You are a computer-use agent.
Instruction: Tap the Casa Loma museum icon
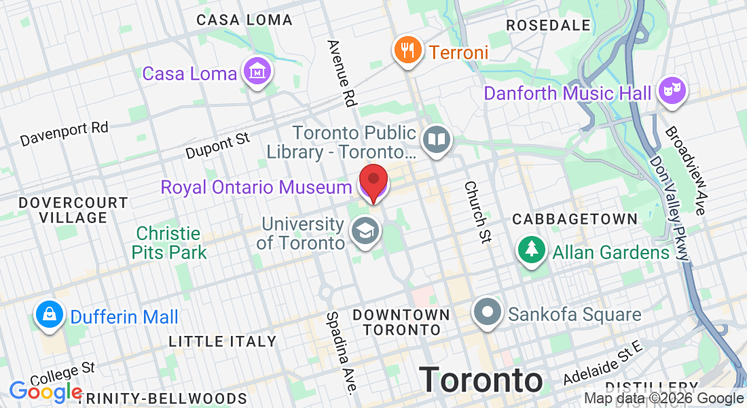[258, 71]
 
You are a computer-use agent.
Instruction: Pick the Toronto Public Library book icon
[436, 140]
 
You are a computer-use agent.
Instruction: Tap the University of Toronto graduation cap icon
[365, 232]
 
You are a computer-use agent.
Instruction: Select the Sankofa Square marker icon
[488, 313]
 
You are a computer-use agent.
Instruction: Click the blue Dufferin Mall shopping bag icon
[50, 315]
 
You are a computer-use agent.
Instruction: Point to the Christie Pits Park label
[169, 243]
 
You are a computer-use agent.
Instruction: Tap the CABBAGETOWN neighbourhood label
[575, 219]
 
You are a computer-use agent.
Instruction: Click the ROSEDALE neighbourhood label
[549, 25]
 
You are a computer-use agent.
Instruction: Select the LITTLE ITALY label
[223, 341]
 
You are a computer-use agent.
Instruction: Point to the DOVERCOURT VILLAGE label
[73, 210]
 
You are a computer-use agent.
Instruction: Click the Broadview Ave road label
[685, 170]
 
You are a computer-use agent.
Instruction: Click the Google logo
[45, 392]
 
